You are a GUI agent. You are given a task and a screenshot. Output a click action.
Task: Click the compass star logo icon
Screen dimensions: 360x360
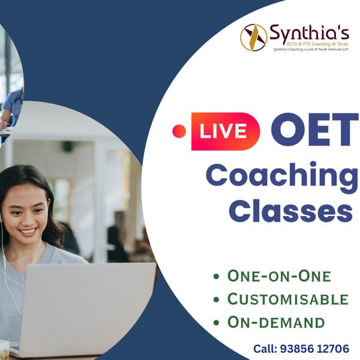(x=253, y=37)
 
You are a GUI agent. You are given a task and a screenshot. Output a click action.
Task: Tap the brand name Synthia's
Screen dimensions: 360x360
(x=309, y=33)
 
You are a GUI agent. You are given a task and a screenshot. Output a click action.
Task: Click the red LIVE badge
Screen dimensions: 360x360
(x=226, y=131)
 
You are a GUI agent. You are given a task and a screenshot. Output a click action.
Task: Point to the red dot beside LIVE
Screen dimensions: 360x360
(x=179, y=131)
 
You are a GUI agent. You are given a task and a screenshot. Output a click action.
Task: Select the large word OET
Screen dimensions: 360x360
(x=314, y=131)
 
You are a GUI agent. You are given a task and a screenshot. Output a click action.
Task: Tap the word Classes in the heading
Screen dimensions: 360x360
(x=290, y=211)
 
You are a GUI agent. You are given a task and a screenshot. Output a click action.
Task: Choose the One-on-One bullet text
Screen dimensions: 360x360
(x=279, y=276)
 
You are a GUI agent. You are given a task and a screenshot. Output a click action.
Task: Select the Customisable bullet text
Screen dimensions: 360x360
(x=288, y=299)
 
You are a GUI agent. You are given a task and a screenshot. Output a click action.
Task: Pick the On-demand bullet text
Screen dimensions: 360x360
(x=276, y=322)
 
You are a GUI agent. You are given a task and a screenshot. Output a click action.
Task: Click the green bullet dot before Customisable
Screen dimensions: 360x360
(x=216, y=299)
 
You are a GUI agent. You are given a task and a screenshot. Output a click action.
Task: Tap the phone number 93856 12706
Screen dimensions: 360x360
(x=314, y=349)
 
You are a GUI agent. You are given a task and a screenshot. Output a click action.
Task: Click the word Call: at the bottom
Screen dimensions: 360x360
(x=265, y=349)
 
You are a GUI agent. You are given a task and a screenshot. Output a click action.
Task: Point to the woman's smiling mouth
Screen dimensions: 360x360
(x=28, y=231)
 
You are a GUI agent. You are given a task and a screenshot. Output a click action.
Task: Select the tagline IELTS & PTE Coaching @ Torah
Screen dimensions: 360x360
(x=317, y=44)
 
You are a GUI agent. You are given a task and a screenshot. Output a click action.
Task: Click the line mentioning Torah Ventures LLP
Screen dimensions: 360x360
(x=311, y=49)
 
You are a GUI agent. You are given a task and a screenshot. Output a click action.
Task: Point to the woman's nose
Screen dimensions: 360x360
(x=28, y=219)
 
